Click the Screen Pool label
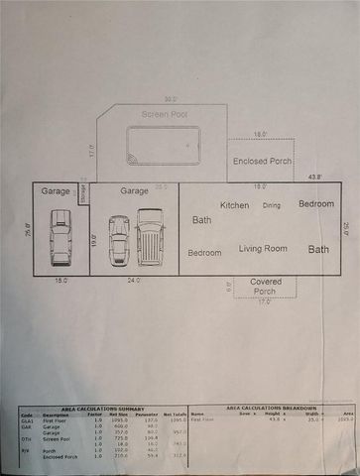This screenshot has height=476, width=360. (164, 114)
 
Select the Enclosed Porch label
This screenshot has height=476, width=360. (262, 160)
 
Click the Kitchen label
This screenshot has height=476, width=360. (235, 205)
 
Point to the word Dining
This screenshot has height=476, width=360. (271, 205)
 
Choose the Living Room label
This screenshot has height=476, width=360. (263, 248)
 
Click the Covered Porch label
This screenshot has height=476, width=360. (265, 287)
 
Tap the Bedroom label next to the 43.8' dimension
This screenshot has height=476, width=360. (316, 203)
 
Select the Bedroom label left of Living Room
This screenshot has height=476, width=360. (205, 253)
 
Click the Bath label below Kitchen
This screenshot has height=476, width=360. (202, 220)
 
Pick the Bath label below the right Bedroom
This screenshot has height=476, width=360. (318, 250)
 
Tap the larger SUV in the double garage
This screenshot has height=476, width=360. (150, 238)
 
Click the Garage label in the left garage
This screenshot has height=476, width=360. (56, 190)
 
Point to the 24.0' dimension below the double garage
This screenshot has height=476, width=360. (135, 281)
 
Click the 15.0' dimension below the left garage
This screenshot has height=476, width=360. (61, 281)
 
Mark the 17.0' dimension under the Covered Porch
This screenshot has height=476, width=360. (264, 301)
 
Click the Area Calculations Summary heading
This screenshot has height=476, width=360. (102, 408)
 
